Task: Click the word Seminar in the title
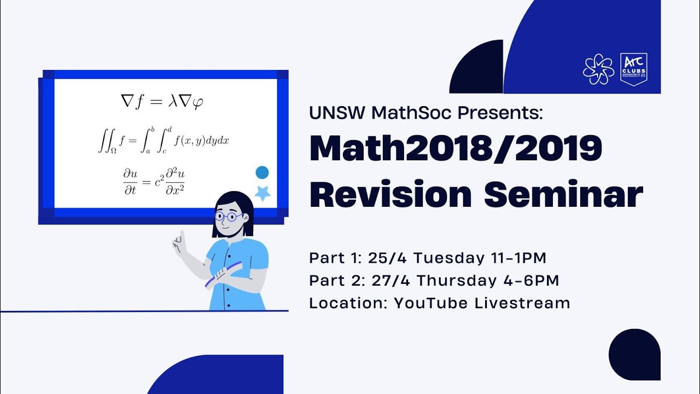point(564,194)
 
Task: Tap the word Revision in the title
point(390,194)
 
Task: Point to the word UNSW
point(337,113)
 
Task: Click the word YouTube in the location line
point(431,303)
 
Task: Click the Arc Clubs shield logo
point(634,69)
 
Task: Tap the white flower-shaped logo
point(598,69)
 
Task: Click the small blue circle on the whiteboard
point(262,173)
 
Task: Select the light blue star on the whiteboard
point(263,193)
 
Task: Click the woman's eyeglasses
point(229,217)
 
